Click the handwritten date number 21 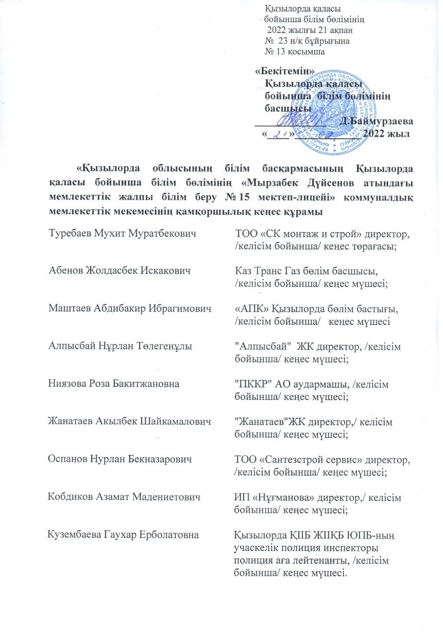tap(280, 134)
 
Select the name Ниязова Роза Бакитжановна tap(114, 384)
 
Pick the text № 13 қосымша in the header tap(294, 52)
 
